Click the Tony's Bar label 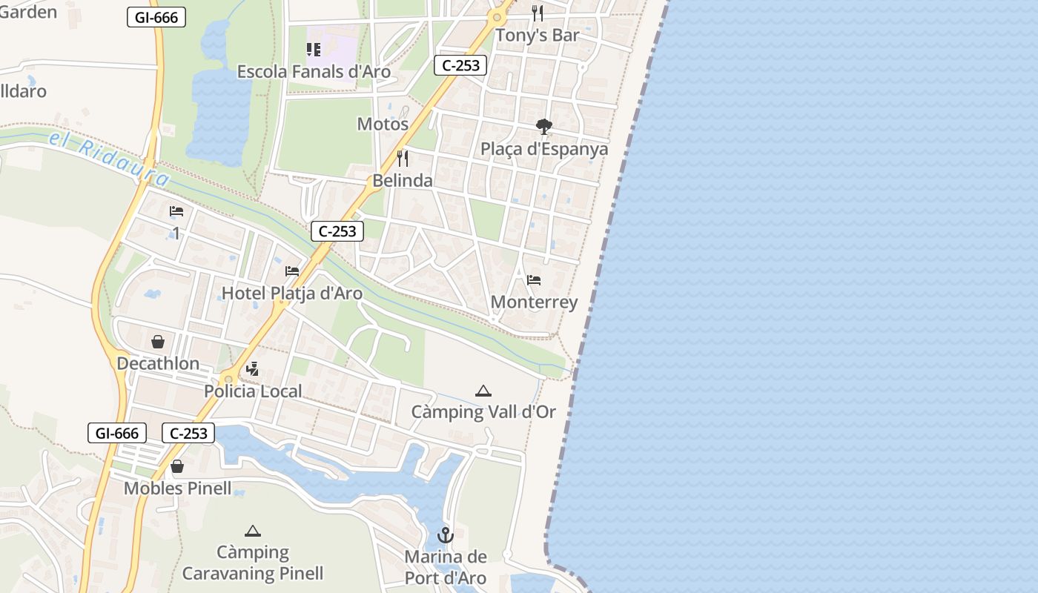coord(538,35)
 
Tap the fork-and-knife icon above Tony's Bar coord(538,13)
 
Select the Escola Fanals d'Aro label coord(314,71)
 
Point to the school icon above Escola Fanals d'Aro coord(314,50)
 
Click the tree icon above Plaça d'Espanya coord(543,127)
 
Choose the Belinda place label coord(403,180)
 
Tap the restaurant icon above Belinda coord(403,158)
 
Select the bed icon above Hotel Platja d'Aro coord(292,271)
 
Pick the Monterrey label coord(534,302)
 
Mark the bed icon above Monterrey coord(534,280)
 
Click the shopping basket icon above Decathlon coord(158,342)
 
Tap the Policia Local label coord(253,391)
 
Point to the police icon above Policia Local coord(253,369)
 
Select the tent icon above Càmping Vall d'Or coord(483,391)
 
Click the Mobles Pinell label coord(177,488)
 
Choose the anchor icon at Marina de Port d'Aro coord(445,534)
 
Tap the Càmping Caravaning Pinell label coord(253,563)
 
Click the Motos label coord(383,124)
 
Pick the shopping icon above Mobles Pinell coord(177,466)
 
